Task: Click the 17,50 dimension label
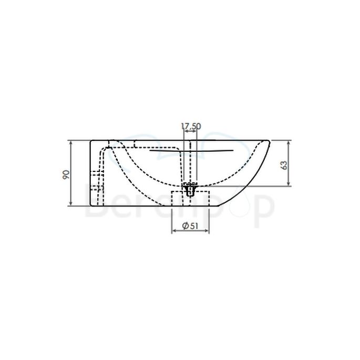[x=191, y=126]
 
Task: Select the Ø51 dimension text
[x=190, y=226]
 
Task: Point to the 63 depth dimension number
[x=284, y=164]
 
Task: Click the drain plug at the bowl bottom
[x=190, y=189]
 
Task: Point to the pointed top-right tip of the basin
[x=270, y=141]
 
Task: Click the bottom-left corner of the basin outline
[x=92, y=205]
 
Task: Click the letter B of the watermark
[x=97, y=206]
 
